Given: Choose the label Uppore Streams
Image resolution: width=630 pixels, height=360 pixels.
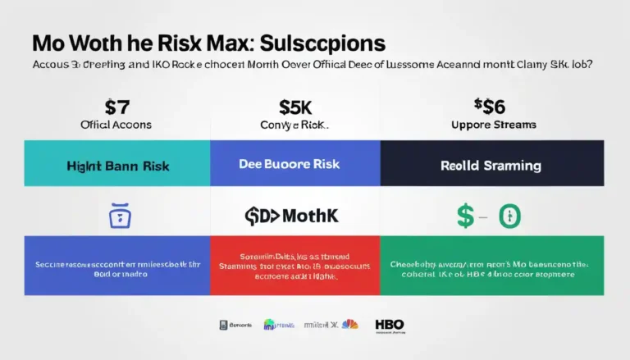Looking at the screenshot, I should click(x=495, y=125).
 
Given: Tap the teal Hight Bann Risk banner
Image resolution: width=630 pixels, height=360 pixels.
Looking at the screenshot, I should click(x=117, y=165).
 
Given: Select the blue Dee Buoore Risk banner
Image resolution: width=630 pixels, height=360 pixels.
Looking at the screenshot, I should click(x=294, y=165).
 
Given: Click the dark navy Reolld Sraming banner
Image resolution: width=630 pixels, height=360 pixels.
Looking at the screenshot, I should click(x=491, y=165).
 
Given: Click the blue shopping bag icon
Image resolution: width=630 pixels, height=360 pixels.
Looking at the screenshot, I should click(x=119, y=216).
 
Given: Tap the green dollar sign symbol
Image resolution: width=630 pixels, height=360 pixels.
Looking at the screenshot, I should click(x=464, y=217).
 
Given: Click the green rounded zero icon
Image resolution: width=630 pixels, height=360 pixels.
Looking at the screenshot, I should click(x=510, y=217).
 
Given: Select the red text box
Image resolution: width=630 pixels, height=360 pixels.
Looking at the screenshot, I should click(x=294, y=265).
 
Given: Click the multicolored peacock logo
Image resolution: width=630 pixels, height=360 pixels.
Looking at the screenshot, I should click(x=350, y=324).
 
